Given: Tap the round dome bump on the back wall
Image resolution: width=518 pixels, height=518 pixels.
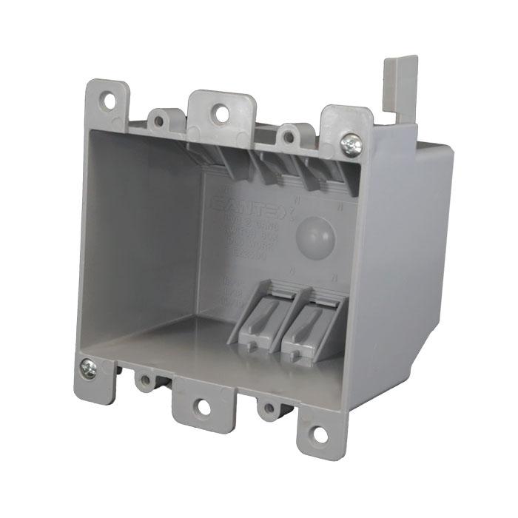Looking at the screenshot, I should click(314, 236).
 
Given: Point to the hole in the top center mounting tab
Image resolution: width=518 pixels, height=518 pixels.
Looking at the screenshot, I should click(220, 112).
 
